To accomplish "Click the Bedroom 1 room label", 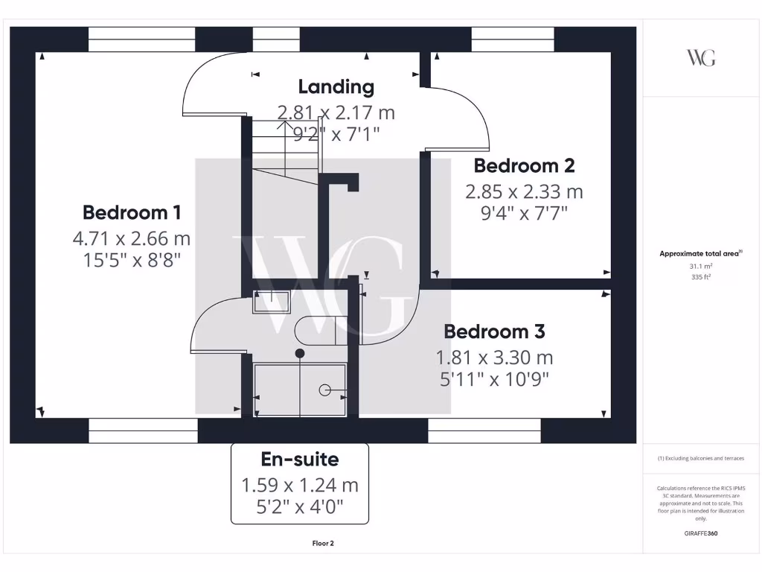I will point(131,212).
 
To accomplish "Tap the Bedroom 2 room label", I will point(524,165).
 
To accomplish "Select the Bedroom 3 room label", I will point(494,331).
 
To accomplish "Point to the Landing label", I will point(336,86).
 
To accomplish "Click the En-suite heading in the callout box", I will point(299,460).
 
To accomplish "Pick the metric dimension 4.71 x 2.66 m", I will point(131,239).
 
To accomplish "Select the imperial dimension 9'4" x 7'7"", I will point(524,213).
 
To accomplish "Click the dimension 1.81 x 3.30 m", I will point(494,357).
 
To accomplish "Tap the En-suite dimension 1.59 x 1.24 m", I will point(299,486).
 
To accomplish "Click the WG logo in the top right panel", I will point(700,58).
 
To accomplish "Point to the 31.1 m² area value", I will point(700,265).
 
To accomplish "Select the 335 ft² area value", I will point(700,276).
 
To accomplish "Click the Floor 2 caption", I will point(323,544).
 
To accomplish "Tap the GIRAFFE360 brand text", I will point(700,533).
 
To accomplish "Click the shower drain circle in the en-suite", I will point(324,390).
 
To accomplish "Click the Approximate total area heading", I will point(699,254).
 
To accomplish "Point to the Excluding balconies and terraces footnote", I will point(700,459).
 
